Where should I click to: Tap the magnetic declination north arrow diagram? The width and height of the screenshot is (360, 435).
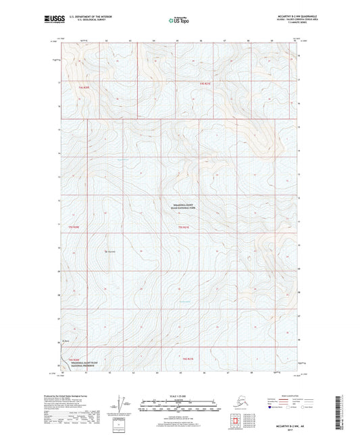124,404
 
